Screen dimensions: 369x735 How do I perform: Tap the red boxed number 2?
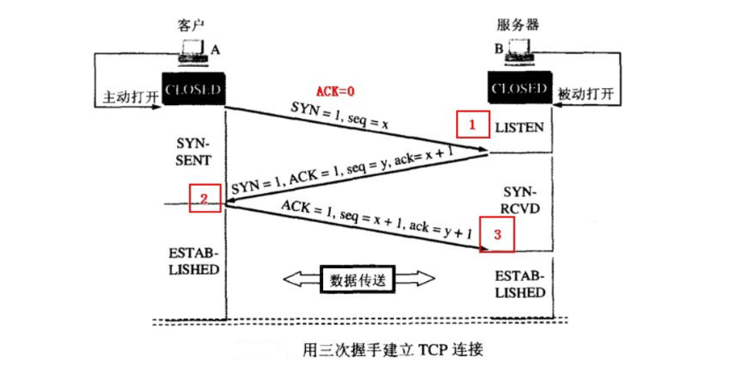(205, 197)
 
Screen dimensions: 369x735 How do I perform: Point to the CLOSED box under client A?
(193, 89)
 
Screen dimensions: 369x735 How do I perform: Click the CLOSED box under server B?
(519, 88)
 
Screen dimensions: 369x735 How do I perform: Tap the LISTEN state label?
(520, 127)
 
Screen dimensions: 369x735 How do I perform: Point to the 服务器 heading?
(519, 26)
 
